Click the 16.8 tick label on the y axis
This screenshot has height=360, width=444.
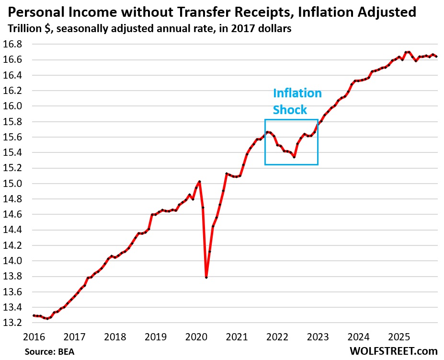[16, 44]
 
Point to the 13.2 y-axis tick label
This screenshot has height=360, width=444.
[16, 323]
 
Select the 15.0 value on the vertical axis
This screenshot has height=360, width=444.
[16, 184]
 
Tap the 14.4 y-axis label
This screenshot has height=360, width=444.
[16, 230]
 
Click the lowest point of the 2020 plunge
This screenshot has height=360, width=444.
[206, 278]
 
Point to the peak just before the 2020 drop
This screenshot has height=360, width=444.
[199, 181]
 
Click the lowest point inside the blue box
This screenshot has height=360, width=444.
[294, 157]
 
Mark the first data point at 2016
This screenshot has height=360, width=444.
[34, 315]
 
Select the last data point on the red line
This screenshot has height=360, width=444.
[436, 57]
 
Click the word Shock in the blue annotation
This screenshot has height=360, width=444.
[290, 110]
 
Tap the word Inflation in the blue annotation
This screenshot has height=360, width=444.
[297, 93]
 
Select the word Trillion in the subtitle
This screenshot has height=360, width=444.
[23, 28]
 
